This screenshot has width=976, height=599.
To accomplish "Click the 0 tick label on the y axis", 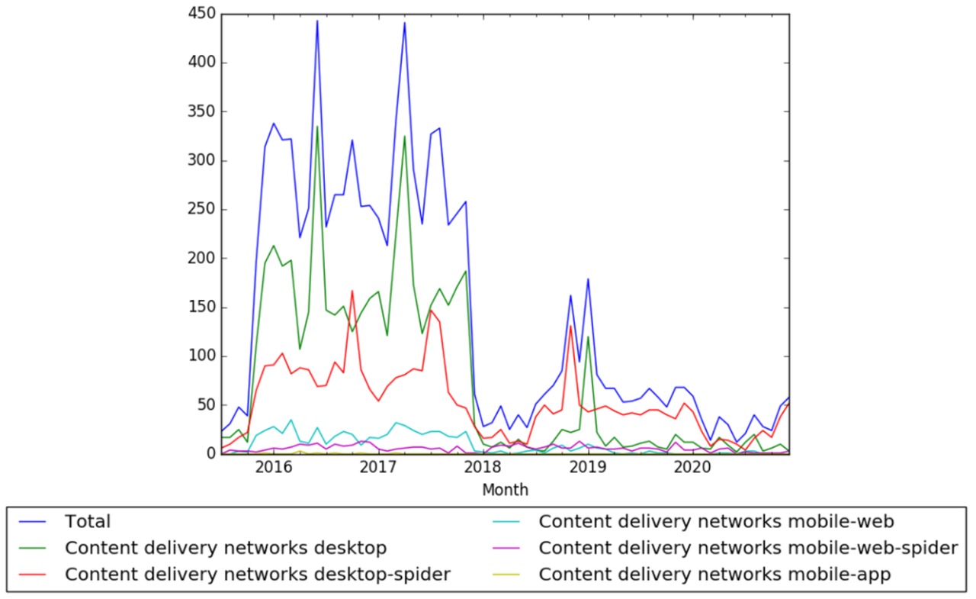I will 210,454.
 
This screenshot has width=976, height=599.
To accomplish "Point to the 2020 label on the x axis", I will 692,467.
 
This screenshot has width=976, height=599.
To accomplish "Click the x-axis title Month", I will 505,490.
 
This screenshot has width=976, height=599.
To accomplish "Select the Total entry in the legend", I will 88,522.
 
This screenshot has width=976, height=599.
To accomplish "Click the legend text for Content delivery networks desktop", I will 226,548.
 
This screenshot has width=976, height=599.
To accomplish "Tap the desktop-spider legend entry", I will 258,575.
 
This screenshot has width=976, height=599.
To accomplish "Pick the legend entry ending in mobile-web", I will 716,522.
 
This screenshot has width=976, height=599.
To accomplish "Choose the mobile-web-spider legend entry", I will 748,548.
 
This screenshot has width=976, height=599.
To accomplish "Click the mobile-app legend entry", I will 714,575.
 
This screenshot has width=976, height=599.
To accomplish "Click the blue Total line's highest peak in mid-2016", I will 317,21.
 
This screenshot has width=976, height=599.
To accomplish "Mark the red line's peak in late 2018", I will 570,326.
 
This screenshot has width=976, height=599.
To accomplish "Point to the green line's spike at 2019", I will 588,337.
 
